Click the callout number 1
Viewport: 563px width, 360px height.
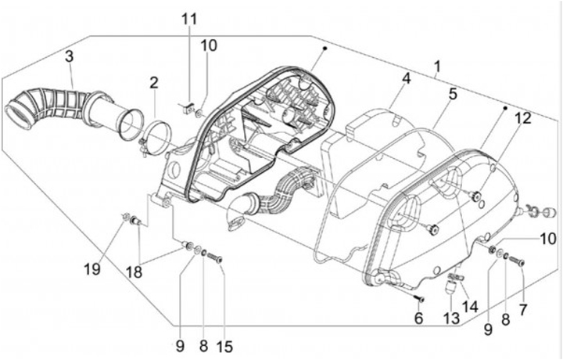click(437, 67)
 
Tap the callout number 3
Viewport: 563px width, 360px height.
click(69, 57)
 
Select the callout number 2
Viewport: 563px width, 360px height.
click(154, 82)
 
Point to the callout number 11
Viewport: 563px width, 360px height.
click(186, 19)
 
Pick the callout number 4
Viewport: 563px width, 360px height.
click(406, 78)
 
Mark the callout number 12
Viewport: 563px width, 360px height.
click(522, 117)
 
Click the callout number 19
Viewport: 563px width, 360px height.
click(94, 269)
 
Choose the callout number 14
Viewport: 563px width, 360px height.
click(469, 306)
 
